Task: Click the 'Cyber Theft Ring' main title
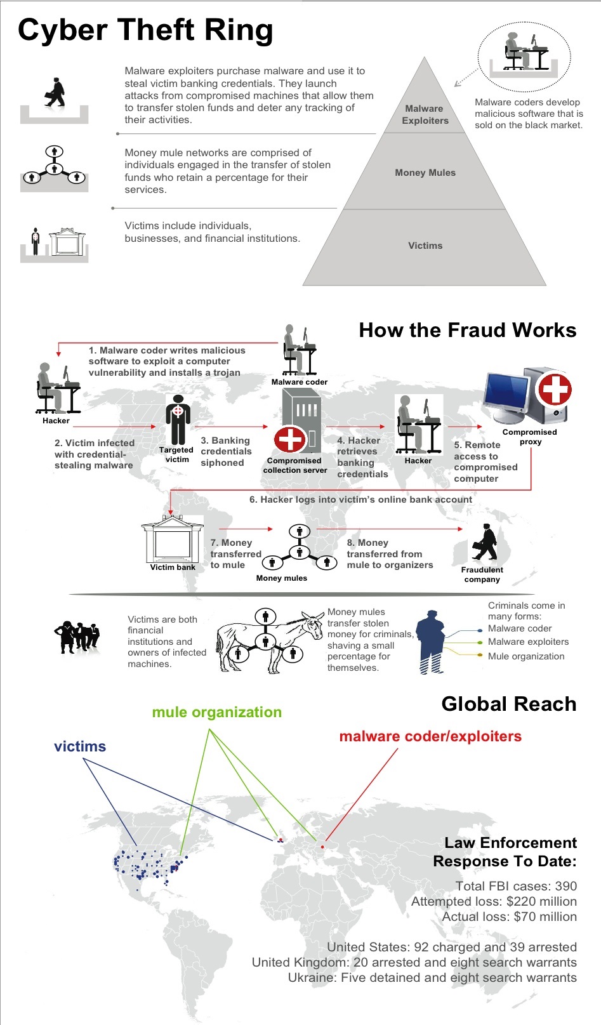coord(145,30)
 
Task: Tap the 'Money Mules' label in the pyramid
coord(425,173)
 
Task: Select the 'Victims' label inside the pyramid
coord(425,246)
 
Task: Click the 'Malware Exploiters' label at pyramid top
coord(425,114)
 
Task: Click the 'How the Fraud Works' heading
coord(467,330)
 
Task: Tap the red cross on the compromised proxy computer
coord(555,390)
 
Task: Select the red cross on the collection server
coord(290,439)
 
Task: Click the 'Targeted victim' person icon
coord(178,419)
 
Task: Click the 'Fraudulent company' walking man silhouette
coord(485,542)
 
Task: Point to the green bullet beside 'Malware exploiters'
coord(480,642)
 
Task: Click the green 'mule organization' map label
coord(217,712)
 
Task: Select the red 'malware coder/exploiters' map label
coord(430,736)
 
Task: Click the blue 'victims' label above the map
coord(80,746)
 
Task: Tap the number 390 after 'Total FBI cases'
coord(565,886)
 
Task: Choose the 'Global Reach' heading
coord(508,704)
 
